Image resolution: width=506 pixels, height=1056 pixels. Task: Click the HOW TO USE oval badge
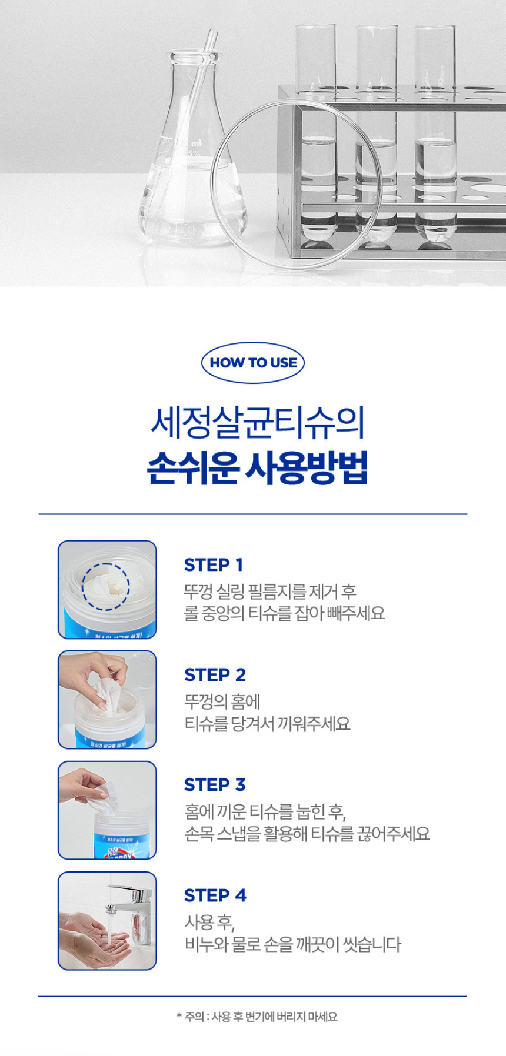point(253,363)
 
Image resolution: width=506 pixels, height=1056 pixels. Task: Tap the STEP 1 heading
point(213,565)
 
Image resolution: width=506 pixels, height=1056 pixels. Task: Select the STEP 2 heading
point(215,675)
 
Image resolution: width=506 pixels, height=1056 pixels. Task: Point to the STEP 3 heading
point(215,785)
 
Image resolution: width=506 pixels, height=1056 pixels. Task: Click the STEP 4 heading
point(215,895)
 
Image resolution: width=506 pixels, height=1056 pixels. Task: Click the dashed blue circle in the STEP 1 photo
point(105,586)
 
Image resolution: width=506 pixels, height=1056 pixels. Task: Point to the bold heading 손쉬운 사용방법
point(257,468)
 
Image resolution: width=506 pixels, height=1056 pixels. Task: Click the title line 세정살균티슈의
point(257,422)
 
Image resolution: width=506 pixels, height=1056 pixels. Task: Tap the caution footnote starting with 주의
point(257,1017)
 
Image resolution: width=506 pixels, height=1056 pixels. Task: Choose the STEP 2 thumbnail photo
point(107,700)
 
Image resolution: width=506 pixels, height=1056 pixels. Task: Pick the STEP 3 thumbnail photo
point(107,810)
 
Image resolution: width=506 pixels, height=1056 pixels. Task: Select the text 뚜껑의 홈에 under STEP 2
point(222,701)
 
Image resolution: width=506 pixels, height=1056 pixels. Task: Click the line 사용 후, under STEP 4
point(209,922)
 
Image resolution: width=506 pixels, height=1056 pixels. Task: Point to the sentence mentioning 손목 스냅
point(307,834)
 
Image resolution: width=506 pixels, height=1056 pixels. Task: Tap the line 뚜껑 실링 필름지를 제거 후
point(270,592)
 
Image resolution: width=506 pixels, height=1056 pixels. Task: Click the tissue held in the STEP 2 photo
point(106,691)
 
